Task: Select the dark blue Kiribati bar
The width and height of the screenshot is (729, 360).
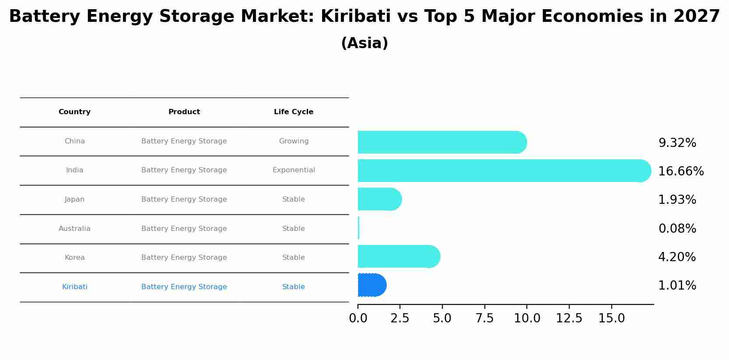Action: [372, 285]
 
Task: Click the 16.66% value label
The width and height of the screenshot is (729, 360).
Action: [680, 171]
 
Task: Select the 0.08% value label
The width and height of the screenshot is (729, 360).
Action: [677, 229]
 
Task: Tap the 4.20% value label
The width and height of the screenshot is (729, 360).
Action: [676, 257]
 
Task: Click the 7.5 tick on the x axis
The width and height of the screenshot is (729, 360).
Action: [484, 318]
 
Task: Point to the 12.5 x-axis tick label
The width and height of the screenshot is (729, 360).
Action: [569, 318]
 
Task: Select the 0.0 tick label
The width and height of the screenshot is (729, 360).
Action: [358, 318]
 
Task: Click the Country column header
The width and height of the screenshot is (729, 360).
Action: [74, 112]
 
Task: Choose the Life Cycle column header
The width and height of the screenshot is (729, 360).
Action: [293, 112]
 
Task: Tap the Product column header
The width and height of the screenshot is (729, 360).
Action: [184, 112]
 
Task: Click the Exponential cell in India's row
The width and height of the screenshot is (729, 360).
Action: [293, 170]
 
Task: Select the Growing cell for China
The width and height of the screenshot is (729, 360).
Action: [293, 141]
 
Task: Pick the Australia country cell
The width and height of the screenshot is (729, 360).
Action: [74, 229]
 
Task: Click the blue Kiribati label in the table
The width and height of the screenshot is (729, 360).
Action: [74, 287]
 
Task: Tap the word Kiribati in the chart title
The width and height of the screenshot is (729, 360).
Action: [355, 17]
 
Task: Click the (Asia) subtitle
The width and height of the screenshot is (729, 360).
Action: [364, 43]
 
